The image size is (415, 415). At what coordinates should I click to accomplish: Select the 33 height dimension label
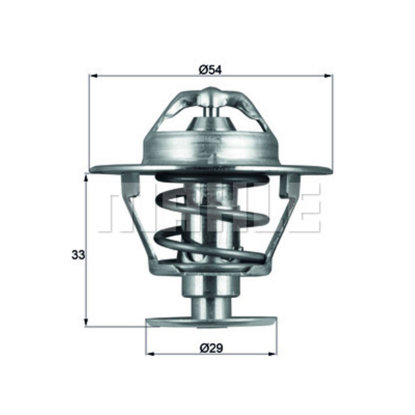pos(79,256)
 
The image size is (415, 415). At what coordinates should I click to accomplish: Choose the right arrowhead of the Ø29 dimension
pos(273,354)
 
